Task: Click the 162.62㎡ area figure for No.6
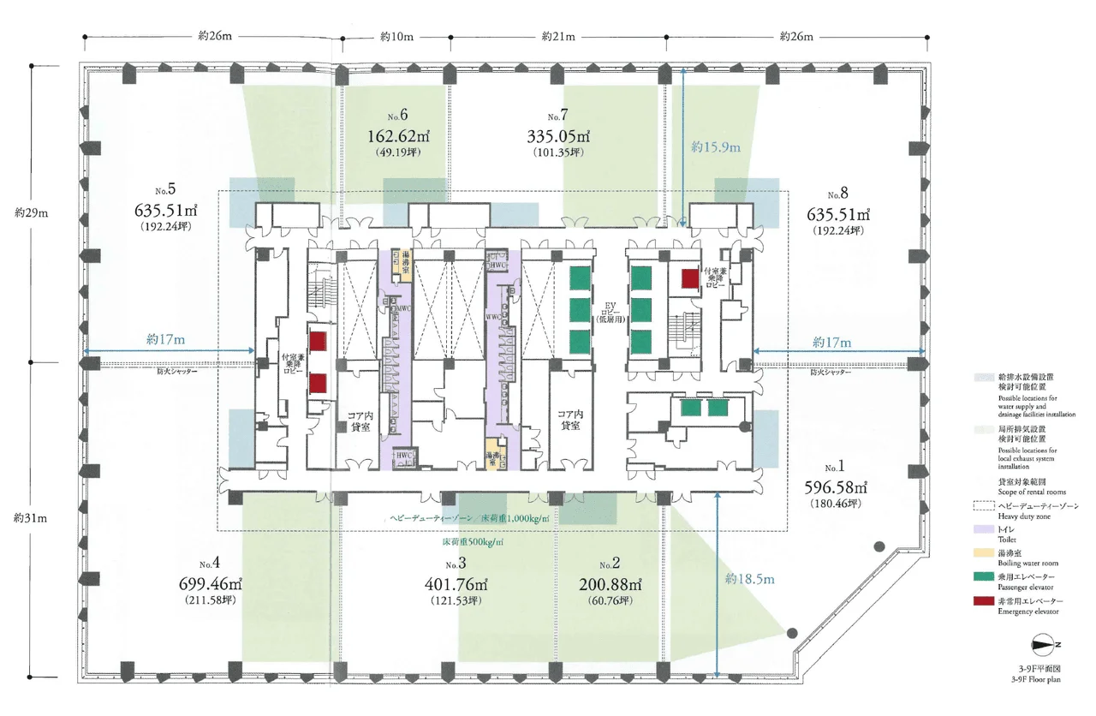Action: point(395,135)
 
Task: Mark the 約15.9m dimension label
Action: point(716,146)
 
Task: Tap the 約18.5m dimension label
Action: point(742,579)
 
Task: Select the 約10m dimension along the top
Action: point(396,37)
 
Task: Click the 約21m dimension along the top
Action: point(558,37)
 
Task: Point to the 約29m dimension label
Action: point(30,211)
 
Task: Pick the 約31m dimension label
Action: point(30,518)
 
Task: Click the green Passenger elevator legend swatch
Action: point(983,579)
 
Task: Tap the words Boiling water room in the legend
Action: point(1028,563)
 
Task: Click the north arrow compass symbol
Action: point(1045,644)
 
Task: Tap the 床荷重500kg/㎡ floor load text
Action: point(473,543)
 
